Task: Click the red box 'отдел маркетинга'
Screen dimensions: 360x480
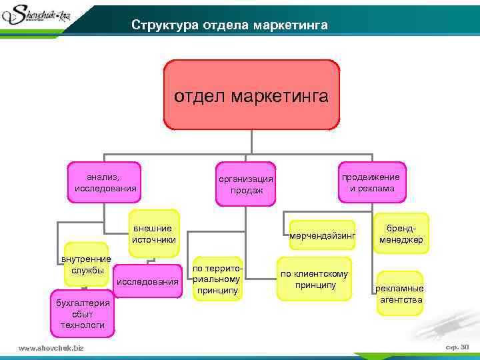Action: pos(251,95)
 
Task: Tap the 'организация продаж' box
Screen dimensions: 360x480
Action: pos(247,185)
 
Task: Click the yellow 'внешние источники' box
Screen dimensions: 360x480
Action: pos(154,233)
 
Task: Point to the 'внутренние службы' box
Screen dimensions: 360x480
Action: pos(86,264)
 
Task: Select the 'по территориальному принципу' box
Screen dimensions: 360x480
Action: pos(218,279)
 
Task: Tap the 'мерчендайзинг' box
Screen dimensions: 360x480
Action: pos(323,235)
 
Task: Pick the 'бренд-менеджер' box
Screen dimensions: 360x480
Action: pos(401,233)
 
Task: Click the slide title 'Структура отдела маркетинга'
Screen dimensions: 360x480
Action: pos(229,25)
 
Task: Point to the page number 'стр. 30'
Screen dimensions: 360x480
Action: pos(457,347)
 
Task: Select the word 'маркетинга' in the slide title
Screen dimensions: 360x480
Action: pos(290,25)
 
